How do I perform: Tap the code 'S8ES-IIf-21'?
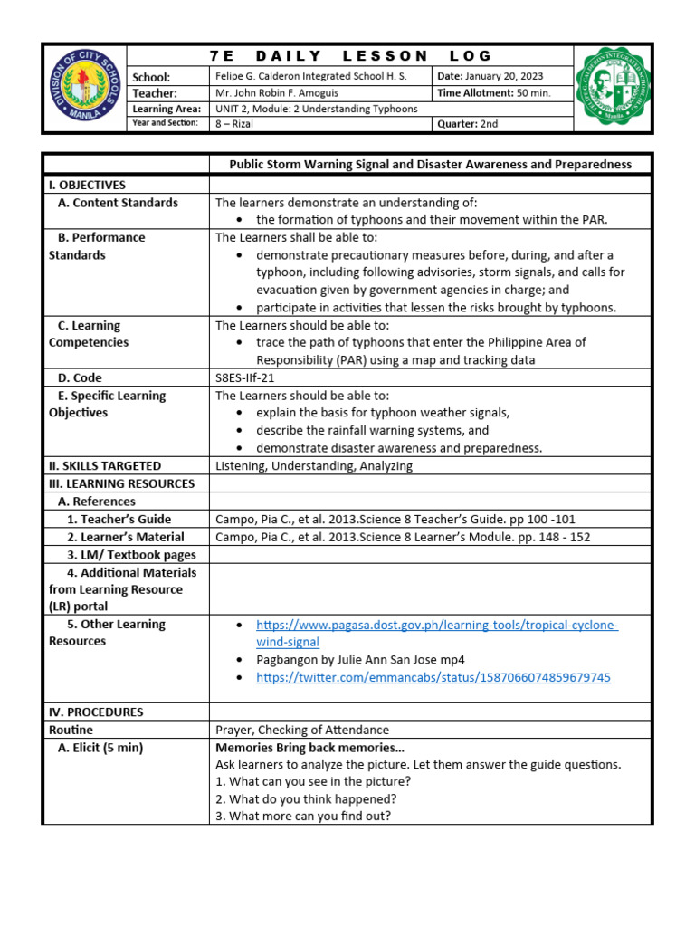[x=244, y=377]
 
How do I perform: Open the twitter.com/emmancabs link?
[x=433, y=677]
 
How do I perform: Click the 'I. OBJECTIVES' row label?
[x=87, y=185]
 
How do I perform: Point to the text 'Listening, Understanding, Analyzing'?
[x=313, y=465]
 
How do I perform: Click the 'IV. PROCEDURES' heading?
[x=96, y=712]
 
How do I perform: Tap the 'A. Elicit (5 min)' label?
[x=100, y=748]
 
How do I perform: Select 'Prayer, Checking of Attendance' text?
[x=301, y=730]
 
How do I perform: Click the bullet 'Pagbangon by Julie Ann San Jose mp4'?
[x=360, y=659]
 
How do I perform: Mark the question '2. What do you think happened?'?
[x=305, y=798]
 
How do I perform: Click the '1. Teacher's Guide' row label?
[x=119, y=519]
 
